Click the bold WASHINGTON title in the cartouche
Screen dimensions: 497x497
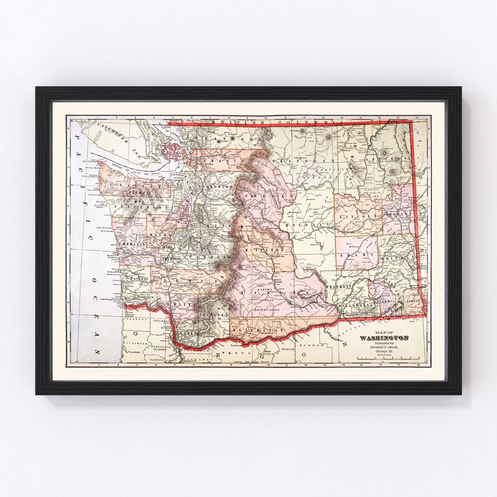coord(384,338)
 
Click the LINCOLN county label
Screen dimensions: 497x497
coord(358,215)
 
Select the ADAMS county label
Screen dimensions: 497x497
coord(356,254)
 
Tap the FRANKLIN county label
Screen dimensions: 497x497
coord(339,286)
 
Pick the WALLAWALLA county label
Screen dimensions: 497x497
coord(355,305)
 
